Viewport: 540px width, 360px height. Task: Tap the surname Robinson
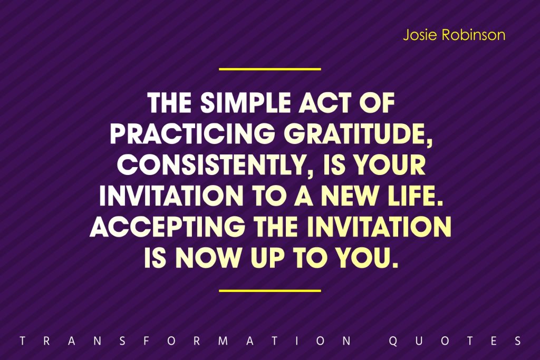[x=474, y=35]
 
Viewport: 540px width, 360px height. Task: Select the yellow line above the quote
[x=270, y=69]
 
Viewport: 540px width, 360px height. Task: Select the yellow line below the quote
[x=270, y=291]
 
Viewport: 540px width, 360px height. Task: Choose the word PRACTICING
[x=193, y=133]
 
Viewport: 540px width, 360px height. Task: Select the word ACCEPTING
[x=168, y=227]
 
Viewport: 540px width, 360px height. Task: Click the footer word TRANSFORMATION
[x=186, y=340]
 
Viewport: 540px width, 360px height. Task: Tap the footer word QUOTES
[x=455, y=340]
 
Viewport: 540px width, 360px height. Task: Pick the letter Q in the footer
[x=393, y=341]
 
